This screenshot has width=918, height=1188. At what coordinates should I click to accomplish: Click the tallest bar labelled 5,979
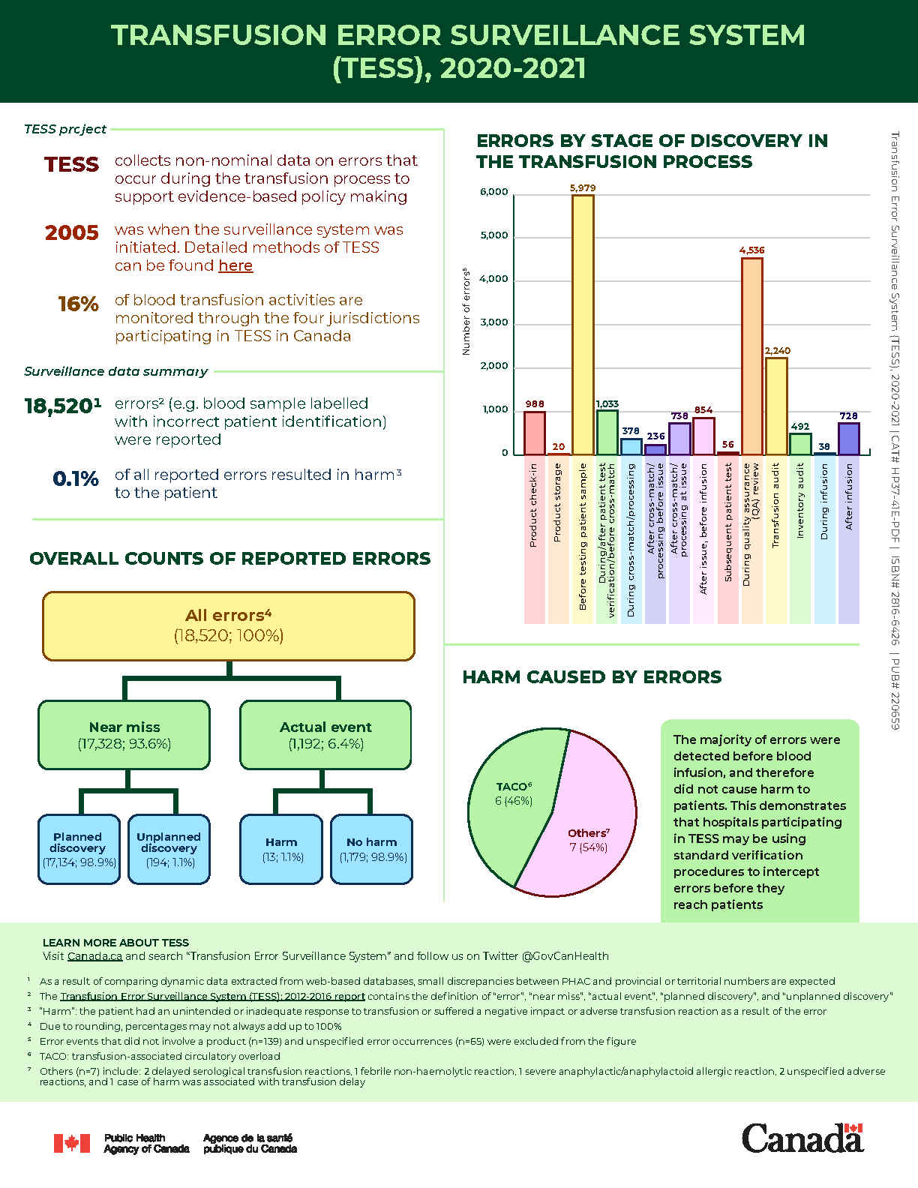(x=583, y=324)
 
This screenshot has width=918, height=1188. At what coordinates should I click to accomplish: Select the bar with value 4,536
(x=751, y=356)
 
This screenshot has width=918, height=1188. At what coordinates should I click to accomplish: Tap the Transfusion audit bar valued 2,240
(x=776, y=406)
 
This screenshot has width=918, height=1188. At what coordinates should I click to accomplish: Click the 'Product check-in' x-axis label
(x=533, y=504)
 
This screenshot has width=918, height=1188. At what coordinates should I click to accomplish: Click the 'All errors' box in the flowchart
(x=229, y=625)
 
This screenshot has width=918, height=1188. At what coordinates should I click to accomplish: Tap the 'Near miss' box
(x=124, y=735)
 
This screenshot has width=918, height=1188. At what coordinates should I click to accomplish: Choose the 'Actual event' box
(x=325, y=735)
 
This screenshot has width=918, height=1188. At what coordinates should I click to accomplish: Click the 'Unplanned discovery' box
(x=169, y=849)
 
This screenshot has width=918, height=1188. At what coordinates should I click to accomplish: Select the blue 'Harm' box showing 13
(x=281, y=849)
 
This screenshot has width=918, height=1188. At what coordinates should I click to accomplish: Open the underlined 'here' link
(x=235, y=266)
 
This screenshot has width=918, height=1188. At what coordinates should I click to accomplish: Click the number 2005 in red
(x=72, y=233)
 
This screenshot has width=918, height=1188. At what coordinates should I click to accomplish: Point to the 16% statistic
(x=79, y=304)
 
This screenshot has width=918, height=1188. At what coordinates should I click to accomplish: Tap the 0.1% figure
(x=76, y=478)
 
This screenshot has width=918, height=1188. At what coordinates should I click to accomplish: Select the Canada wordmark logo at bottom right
(x=802, y=1138)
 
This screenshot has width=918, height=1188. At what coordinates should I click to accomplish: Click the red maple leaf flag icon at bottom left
(x=72, y=1143)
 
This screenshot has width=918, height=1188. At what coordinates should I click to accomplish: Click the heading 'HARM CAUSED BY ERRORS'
(x=592, y=677)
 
